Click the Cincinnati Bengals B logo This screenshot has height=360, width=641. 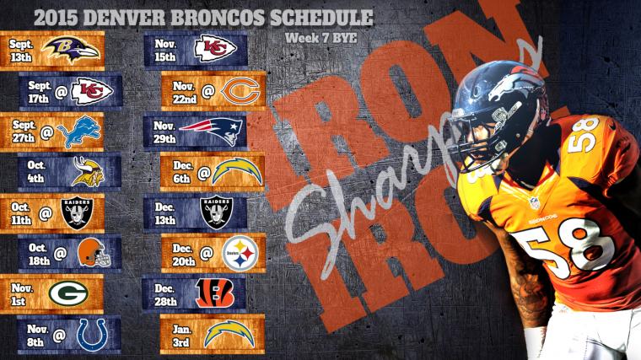point(213,292)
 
